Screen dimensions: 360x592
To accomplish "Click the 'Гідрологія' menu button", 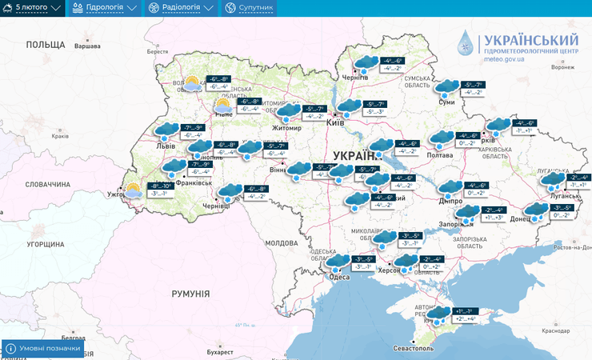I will point(105,8).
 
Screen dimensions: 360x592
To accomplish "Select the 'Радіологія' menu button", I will point(181,8).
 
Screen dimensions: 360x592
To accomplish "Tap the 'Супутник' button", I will point(249,8).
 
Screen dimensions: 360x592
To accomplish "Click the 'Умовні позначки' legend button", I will point(43,349).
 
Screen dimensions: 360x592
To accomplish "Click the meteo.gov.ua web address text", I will point(504,60).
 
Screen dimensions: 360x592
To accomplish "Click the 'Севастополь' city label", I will point(413,349).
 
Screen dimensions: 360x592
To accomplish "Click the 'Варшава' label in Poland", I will point(87,46).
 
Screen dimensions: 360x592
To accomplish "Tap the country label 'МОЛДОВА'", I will point(281,242).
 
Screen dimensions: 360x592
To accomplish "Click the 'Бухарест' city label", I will point(219,351).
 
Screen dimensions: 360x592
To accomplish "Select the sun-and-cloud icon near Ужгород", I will point(134,190).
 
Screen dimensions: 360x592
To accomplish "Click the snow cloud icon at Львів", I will point(166,130).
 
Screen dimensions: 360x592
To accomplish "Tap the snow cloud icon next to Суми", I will point(446,86).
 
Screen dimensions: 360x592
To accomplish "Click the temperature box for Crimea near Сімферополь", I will point(465,314).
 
